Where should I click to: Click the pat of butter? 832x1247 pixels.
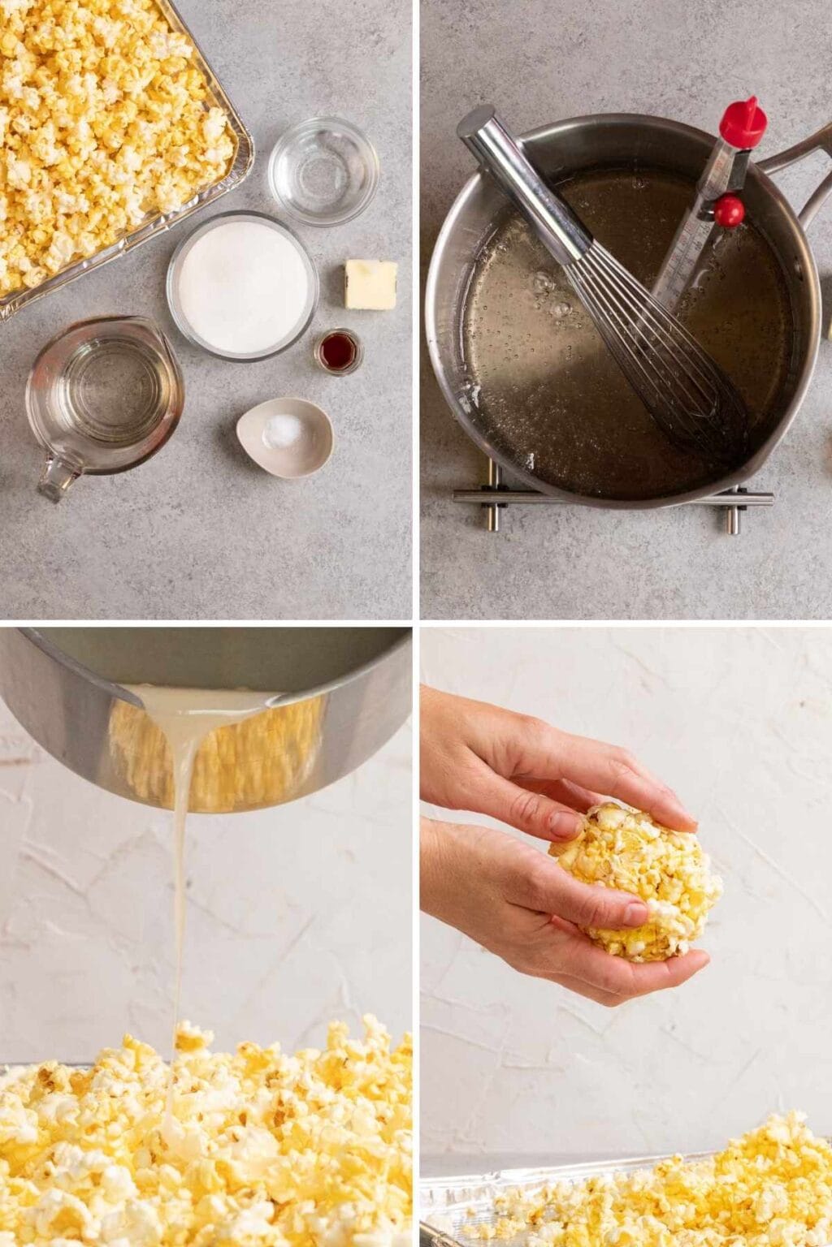(x=370, y=284)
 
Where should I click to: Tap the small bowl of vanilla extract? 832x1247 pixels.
(x=338, y=352)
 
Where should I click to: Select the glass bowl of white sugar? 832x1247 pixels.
(x=242, y=285)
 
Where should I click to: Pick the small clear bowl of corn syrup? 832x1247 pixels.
(x=323, y=170)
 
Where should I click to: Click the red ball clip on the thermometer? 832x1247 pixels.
(x=729, y=210)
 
